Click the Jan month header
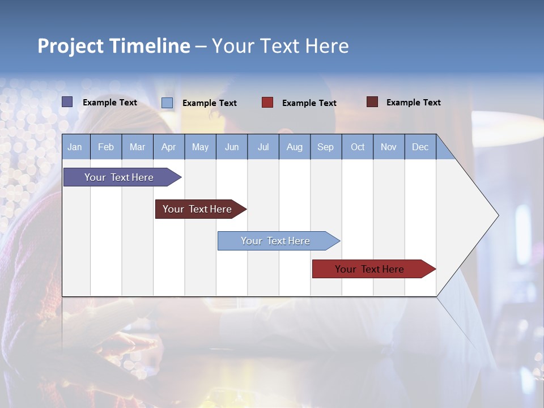(x=75, y=147)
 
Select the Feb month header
(x=106, y=147)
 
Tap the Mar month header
(x=137, y=147)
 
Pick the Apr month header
(x=168, y=147)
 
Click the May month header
(x=200, y=147)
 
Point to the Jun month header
(x=232, y=147)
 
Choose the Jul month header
(x=263, y=147)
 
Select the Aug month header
(x=295, y=147)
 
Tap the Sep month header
(x=326, y=147)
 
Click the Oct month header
(x=358, y=147)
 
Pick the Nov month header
(x=389, y=147)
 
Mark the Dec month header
(x=420, y=147)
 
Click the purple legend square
(x=67, y=102)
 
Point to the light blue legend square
(x=167, y=103)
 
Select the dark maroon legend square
(x=372, y=102)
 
